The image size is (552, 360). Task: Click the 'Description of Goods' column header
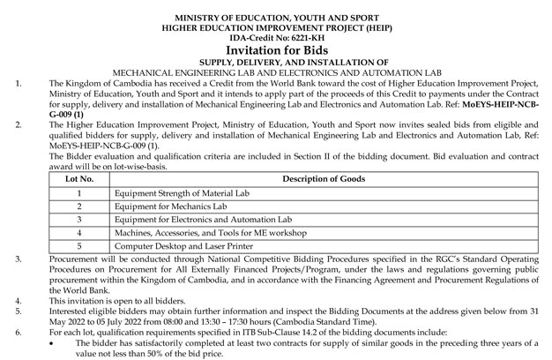click(324, 179)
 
